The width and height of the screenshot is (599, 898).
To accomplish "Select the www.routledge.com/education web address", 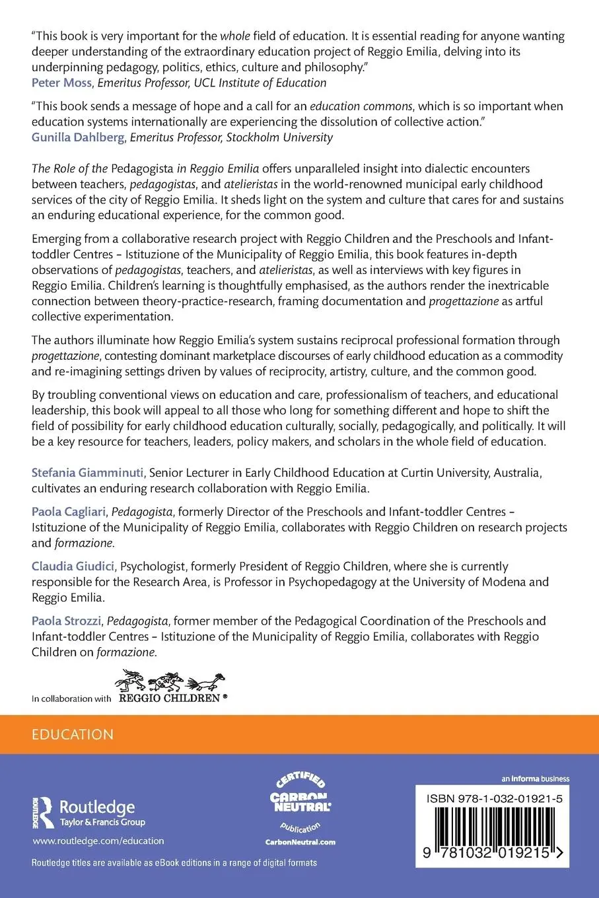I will [x=98, y=841].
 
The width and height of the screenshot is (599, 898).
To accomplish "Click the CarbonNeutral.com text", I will [x=300, y=842].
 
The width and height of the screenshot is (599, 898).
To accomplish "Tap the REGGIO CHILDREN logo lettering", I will [x=168, y=697].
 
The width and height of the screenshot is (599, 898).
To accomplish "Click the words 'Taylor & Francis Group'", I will [x=102, y=822].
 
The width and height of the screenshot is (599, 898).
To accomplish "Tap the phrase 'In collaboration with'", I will [x=71, y=698].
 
